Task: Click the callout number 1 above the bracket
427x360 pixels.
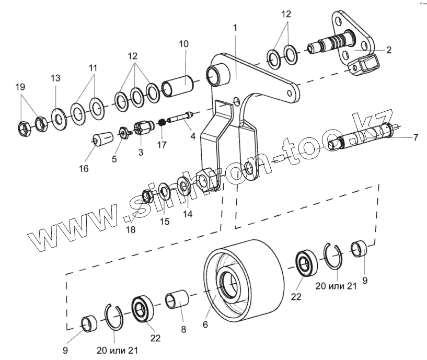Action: pyautogui.click(x=235, y=27)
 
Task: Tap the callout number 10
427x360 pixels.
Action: pyautogui.click(x=183, y=44)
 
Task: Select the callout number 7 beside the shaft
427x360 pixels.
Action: pyautogui.click(x=416, y=138)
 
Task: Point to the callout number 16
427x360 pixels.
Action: pyautogui.click(x=84, y=168)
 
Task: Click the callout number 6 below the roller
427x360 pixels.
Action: pyautogui.click(x=205, y=324)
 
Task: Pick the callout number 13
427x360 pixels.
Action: pyautogui.click(x=55, y=78)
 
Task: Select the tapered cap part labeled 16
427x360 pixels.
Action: pyautogui.click(x=101, y=140)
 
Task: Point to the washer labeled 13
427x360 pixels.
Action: pyautogui.click(x=57, y=119)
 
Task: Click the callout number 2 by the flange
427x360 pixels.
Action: pyautogui.click(x=388, y=50)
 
